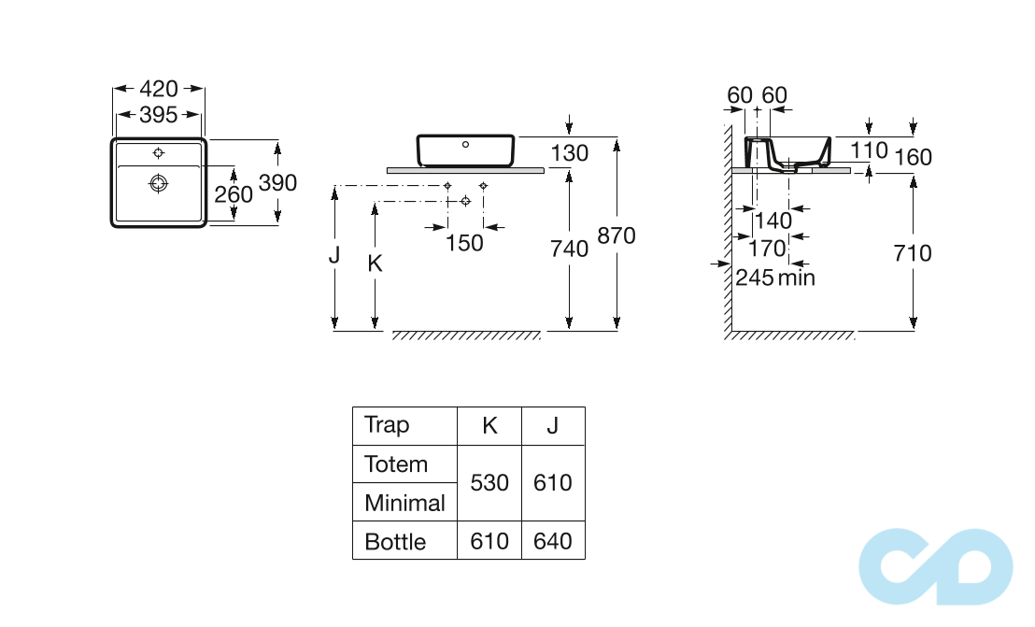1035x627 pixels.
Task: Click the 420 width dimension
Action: [x=159, y=89]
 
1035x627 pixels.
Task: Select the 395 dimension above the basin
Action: [x=159, y=115]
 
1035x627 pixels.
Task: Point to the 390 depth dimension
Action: [x=277, y=183]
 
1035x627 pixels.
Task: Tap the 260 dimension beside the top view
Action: [x=234, y=194]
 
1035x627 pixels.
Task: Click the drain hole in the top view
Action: [x=159, y=183]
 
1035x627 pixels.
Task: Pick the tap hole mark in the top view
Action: [x=159, y=153]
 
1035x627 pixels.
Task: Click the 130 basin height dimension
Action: [x=569, y=153]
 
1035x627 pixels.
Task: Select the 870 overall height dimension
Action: [x=617, y=235]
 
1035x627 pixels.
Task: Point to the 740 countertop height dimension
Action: [x=569, y=249]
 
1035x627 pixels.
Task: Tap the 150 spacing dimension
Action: [x=464, y=243]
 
